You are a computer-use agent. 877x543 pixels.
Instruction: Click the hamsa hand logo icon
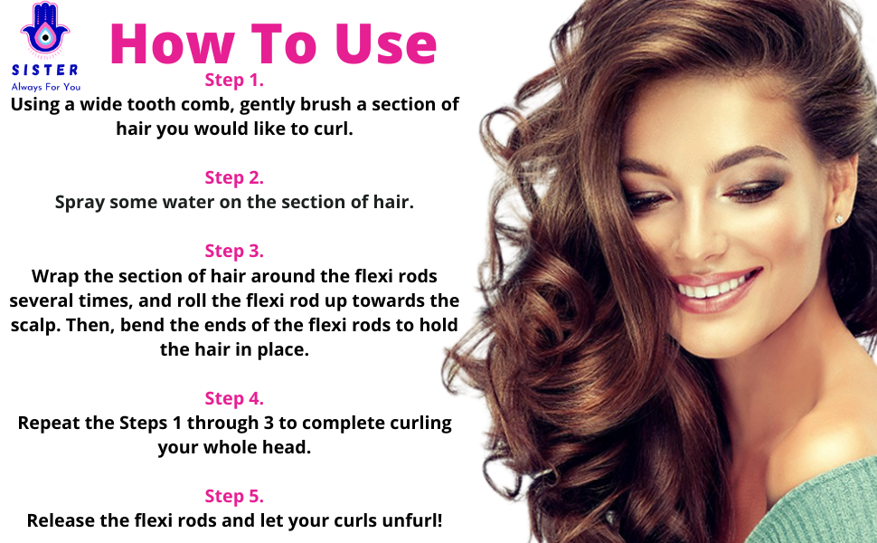click(x=45, y=33)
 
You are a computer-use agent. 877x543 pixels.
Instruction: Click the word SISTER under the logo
click(x=45, y=70)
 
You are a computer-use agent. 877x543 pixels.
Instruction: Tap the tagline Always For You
click(x=45, y=87)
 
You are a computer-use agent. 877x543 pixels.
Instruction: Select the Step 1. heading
click(x=234, y=80)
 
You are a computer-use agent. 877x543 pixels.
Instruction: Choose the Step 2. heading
click(x=234, y=177)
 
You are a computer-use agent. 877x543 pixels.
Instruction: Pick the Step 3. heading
click(x=234, y=251)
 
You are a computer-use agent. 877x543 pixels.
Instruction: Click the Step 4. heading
click(x=234, y=398)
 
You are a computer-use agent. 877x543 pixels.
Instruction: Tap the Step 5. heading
click(x=234, y=496)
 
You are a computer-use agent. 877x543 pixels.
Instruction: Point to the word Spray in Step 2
click(x=80, y=203)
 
